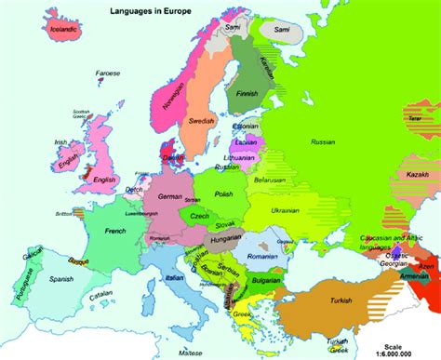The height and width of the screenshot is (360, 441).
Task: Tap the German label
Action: [x=169, y=197]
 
